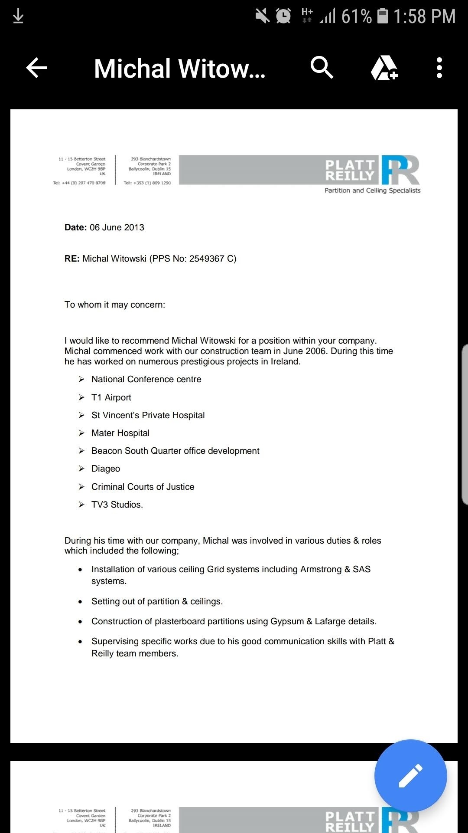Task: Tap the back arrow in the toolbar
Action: point(36,68)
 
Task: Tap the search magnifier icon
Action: point(322,68)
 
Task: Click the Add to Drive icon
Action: point(384,68)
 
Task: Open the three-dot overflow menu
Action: point(439,68)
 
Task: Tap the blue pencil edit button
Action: point(410,775)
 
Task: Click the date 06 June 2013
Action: point(117,227)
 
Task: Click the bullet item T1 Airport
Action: point(111,397)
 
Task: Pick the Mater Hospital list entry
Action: point(120,433)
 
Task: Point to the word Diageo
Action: point(106,469)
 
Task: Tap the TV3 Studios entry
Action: point(117,505)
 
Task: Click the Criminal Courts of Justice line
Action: point(143,487)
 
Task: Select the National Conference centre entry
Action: point(146,379)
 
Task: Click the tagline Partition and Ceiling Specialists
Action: point(372,190)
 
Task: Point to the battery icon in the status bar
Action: point(383,16)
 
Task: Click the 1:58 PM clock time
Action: point(424,16)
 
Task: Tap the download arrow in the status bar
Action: point(18,16)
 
